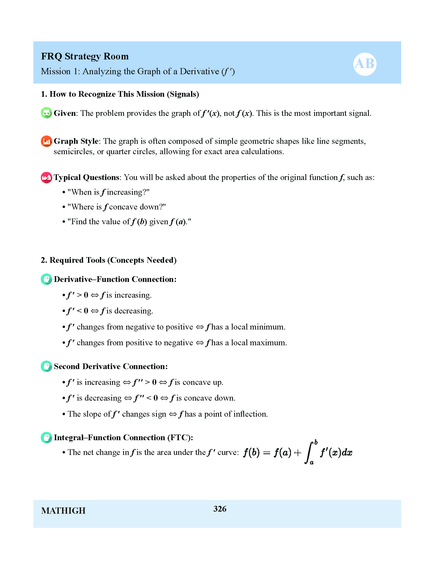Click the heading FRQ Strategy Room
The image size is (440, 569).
coord(85,56)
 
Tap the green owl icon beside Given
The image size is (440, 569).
coord(46,113)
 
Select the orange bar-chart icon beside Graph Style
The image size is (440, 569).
coord(46,141)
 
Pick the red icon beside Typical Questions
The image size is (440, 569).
coord(46,177)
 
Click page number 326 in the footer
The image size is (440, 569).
coord(220,509)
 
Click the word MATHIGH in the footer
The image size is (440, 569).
coord(63,511)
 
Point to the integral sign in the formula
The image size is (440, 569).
coord(309,453)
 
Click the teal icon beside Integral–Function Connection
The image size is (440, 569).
coord(46,437)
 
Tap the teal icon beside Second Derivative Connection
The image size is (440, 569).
coord(46,366)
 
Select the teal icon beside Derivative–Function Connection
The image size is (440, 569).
coord(46,279)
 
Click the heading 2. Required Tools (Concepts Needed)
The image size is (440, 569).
coord(108,260)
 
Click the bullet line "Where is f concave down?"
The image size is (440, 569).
coord(116,207)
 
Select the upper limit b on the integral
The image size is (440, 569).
coord(316,442)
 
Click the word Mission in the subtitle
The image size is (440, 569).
coord(56,71)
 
